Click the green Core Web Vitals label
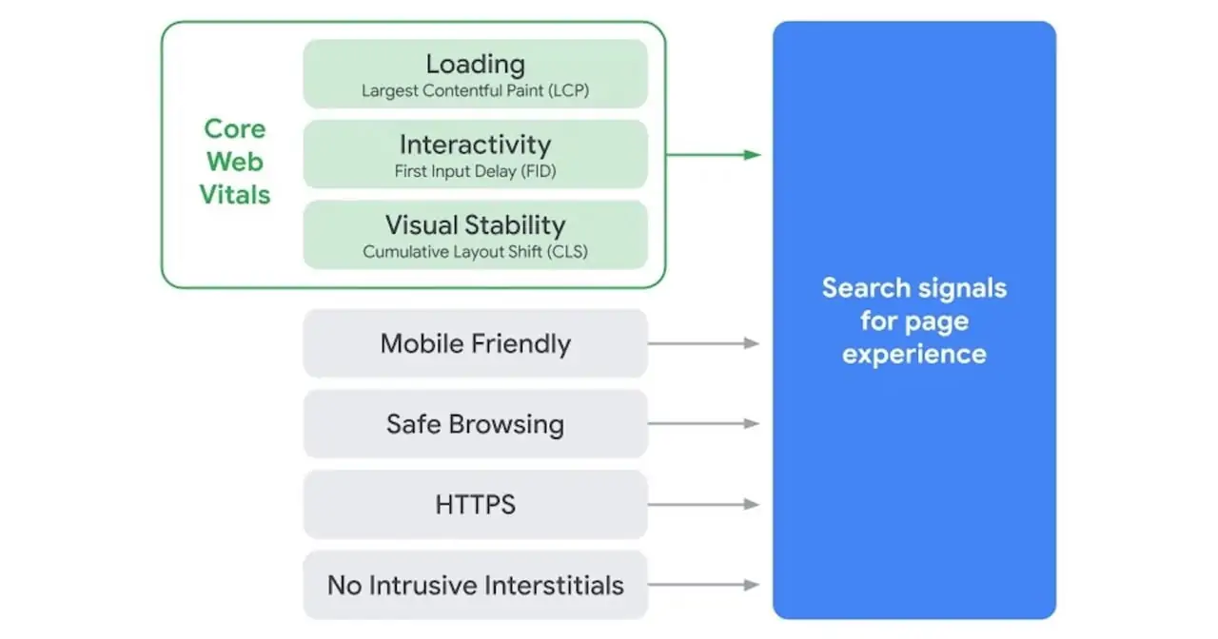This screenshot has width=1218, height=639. coord(235,162)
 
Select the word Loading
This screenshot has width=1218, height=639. coord(475,64)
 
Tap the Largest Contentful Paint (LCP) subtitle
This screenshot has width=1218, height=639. coord(475,91)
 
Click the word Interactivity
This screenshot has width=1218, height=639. coord(475,145)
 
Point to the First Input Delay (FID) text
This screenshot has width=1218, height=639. coord(475,172)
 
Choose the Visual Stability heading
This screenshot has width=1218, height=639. coord(475,225)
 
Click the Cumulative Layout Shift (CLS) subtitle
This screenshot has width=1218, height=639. coord(475,253)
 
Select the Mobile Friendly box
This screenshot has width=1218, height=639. coord(475,343)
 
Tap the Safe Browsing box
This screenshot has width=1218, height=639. coord(475,424)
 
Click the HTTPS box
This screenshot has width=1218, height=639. coord(475,505)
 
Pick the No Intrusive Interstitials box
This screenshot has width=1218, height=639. coord(475,585)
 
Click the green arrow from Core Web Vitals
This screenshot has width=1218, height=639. coord(714,154)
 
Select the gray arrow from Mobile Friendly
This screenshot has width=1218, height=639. coord(704,343)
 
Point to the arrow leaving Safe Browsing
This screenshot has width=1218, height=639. coord(704,424)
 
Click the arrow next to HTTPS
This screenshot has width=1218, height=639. coord(704,505)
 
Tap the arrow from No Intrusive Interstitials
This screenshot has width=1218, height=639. coord(704,585)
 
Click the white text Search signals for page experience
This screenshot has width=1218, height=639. coord(913,321)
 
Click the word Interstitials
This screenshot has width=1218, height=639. coord(554,585)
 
